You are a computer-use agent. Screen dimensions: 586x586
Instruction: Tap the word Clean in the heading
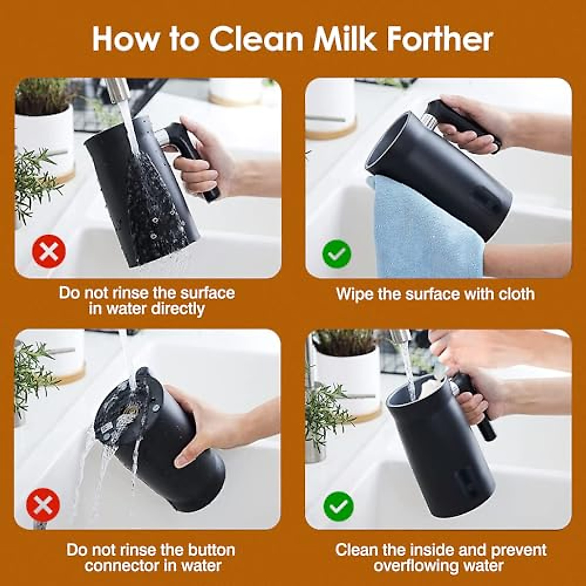[x=257, y=39]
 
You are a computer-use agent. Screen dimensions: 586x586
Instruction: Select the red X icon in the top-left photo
[x=49, y=251]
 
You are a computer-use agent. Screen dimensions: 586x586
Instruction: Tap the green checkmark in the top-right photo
[x=337, y=253]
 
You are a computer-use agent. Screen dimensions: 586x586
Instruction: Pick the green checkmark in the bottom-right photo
[x=338, y=506]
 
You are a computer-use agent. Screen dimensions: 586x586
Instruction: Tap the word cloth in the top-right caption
[x=516, y=294]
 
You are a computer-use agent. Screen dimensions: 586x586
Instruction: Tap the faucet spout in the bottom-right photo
[x=400, y=337]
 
